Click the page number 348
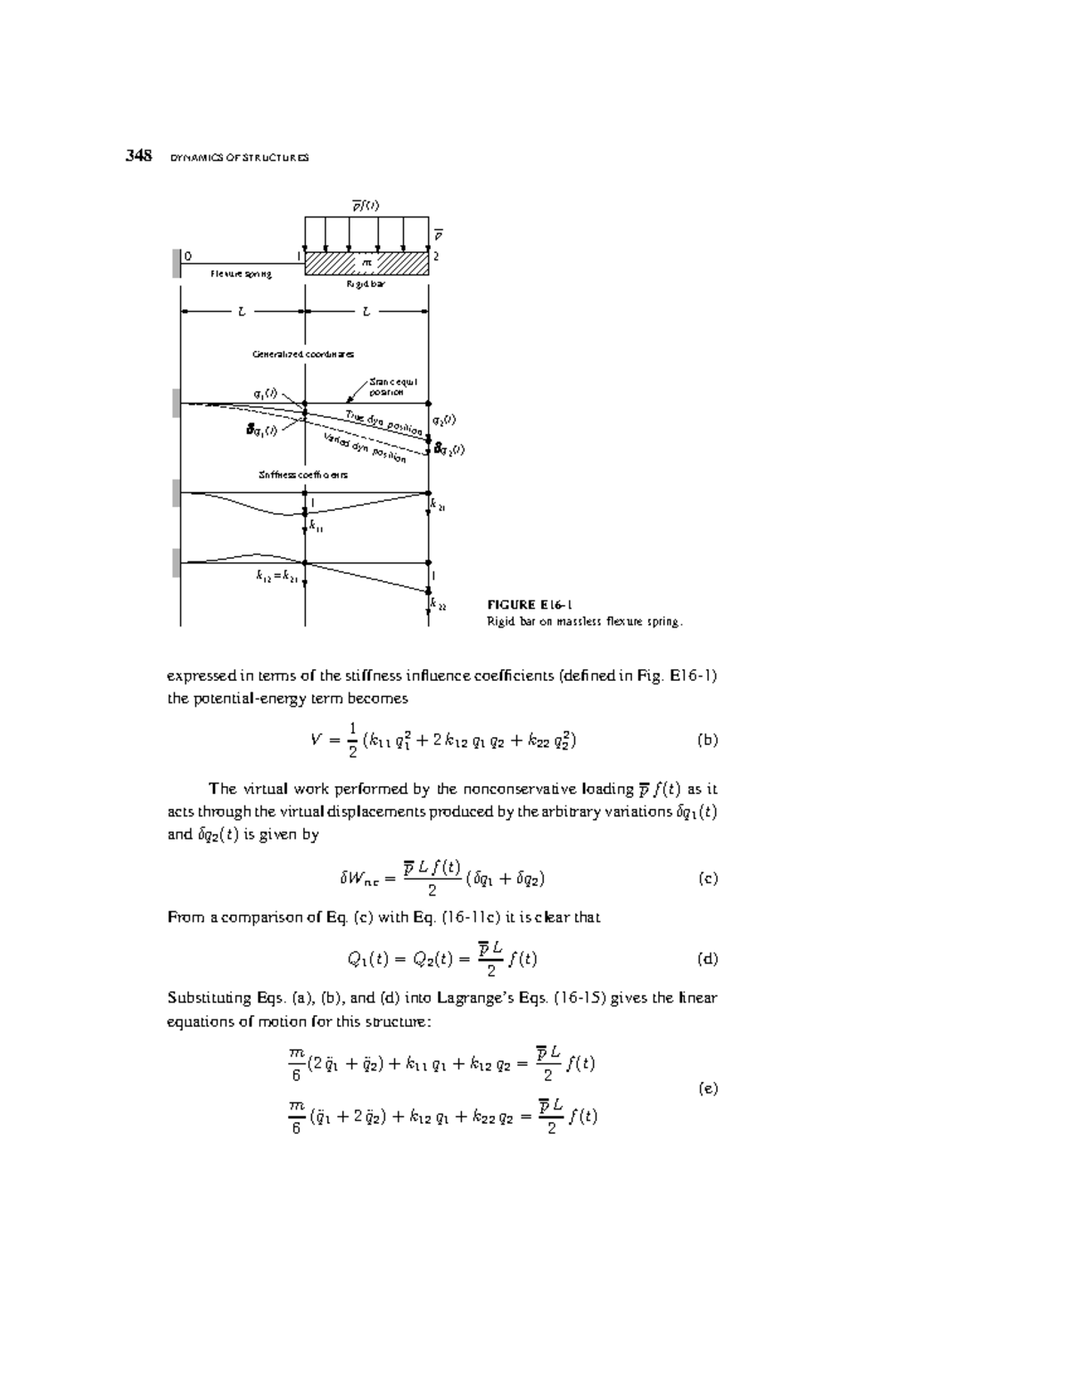point(138,156)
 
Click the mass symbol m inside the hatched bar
point(366,263)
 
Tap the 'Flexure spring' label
point(241,274)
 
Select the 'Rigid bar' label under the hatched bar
point(366,285)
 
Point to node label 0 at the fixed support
point(187,256)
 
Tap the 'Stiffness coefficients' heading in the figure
point(303,475)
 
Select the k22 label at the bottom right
point(438,604)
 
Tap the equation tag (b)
point(706,740)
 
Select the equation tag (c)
point(706,878)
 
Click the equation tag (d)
point(706,959)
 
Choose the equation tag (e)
point(707,1088)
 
